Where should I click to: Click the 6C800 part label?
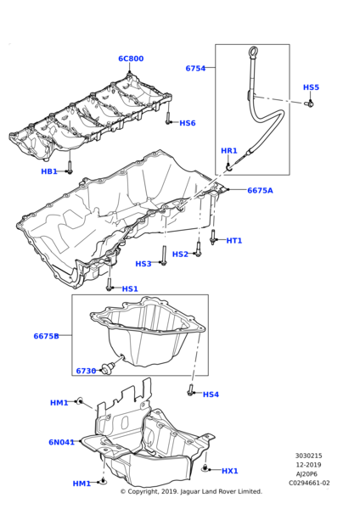coord(131,59)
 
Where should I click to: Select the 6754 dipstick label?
coord(195,68)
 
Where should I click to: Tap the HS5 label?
coord(311,87)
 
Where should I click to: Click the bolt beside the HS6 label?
coord(168,118)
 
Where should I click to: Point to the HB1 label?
coord(49,171)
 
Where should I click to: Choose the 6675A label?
coord(261,191)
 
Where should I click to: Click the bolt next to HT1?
coord(213,237)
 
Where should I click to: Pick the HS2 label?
coord(180,255)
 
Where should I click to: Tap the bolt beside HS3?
coord(164,255)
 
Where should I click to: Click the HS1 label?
coord(130,288)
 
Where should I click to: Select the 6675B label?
coord(47,336)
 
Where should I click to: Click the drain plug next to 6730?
coord(107,368)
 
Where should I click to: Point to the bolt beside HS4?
coord(190,390)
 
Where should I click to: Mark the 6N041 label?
coord(61,442)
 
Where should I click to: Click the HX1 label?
coord(230,471)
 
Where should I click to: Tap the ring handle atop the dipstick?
coord(253,52)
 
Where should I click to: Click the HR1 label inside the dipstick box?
coord(229,151)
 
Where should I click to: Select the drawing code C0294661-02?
coord(309,483)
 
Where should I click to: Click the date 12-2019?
coord(308,465)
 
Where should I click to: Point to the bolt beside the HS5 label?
coord(309,103)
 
